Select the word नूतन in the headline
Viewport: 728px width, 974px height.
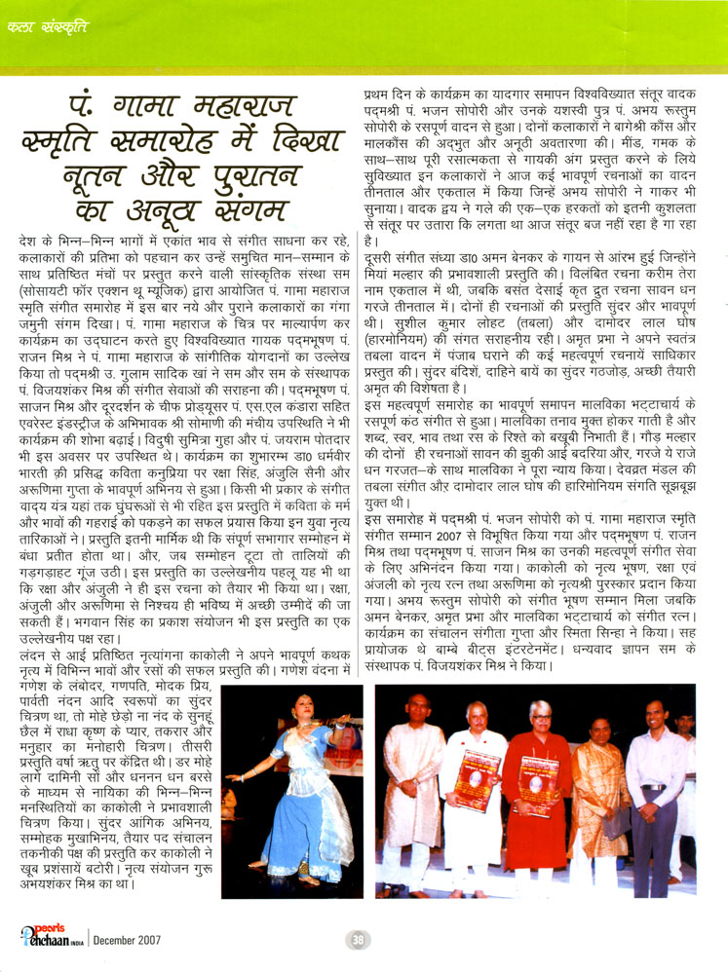(x=110, y=174)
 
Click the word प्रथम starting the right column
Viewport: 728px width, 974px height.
(x=374, y=94)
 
